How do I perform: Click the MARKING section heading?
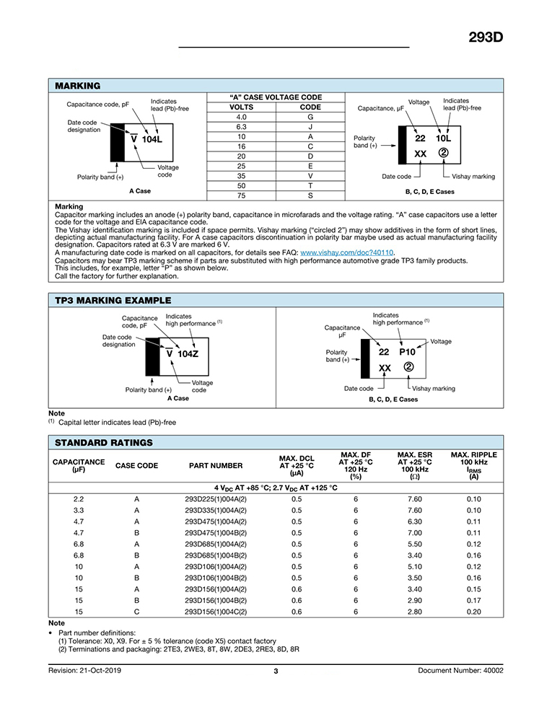78,86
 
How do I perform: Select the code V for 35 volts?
310,175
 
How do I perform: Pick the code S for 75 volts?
310,195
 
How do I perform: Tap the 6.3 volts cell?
242,126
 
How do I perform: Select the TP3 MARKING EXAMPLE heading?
113,300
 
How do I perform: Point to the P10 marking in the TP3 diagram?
408,352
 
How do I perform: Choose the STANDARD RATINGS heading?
104,442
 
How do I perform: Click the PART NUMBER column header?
216,466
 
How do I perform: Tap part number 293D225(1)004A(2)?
216,499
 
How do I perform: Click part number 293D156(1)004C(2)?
216,612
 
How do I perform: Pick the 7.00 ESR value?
414,533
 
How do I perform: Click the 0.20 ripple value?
473,612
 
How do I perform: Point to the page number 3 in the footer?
276,671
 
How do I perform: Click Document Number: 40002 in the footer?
460,671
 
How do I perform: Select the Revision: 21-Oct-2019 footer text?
87,671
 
